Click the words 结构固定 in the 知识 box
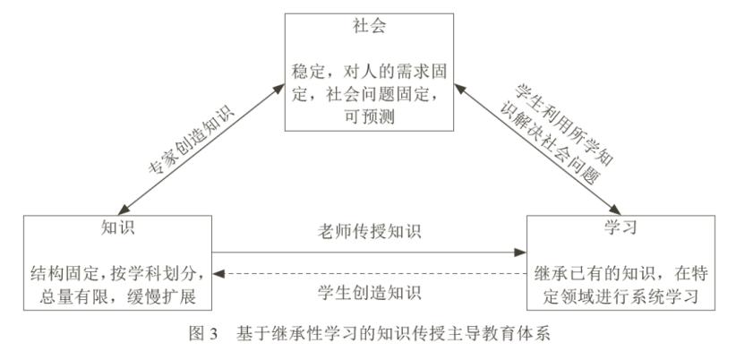[64, 270]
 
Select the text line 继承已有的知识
[590, 270]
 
